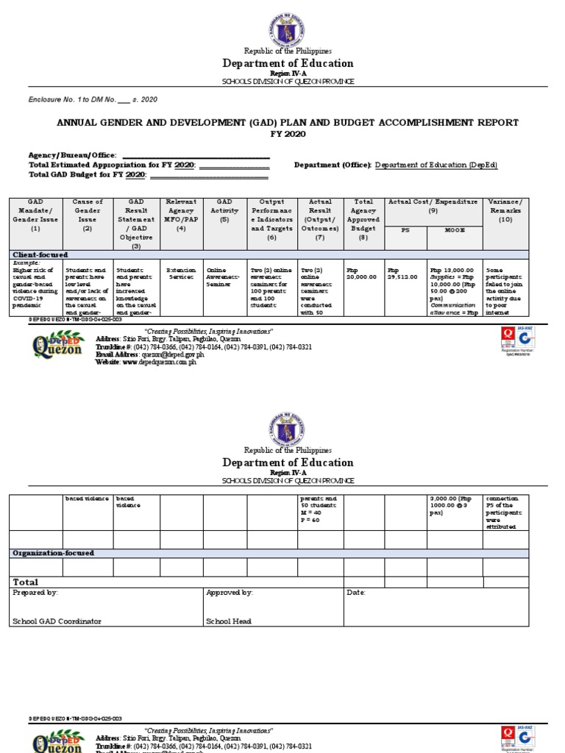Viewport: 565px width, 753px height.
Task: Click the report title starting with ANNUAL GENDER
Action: tap(288, 123)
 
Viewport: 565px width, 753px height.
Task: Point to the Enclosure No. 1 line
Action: tap(93, 99)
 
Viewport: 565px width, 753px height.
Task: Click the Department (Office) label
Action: tap(333, 165)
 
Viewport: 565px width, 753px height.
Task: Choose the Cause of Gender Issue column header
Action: tap(87, 215)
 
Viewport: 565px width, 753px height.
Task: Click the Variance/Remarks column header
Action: tap(505, 210)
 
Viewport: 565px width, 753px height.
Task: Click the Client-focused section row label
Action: tap(40, 254)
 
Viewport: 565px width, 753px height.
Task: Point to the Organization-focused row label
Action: tap(53, 553)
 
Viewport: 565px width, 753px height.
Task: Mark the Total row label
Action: tap(26, 582)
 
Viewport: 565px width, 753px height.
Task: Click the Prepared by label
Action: tap(35, 592)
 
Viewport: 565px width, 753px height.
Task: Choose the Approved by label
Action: tap(230, 592)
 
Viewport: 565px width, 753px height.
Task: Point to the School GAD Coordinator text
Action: tap(57, 621)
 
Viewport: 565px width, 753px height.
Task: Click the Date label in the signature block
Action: tap(355, 592)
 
